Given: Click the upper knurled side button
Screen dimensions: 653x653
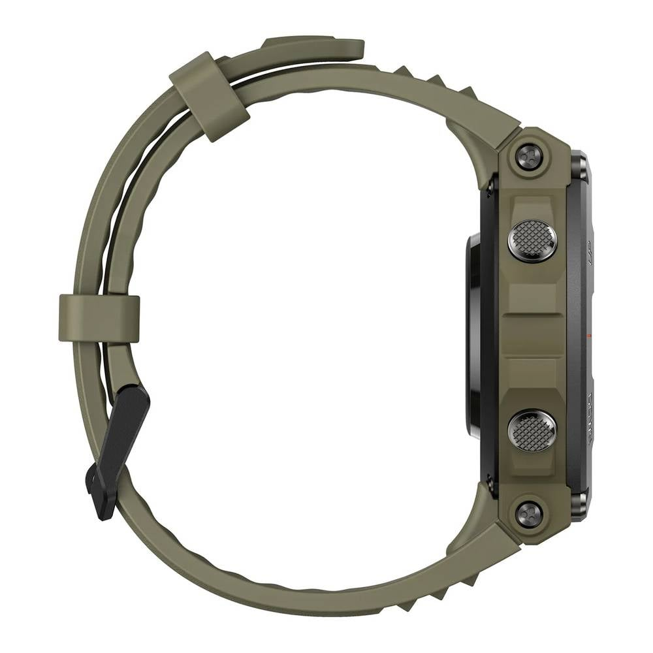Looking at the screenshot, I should (x=532, y=240).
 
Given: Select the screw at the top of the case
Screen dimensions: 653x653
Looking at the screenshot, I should (x=528, y=157).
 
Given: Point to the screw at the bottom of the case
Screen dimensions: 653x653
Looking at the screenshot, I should (x=528, y=514).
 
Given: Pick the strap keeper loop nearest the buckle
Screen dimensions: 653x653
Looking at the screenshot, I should (x=99, y=318).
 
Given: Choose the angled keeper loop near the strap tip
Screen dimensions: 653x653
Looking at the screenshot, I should (x=209, y=95).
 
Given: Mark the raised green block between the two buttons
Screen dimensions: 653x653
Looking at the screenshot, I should (x=532, y=335).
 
